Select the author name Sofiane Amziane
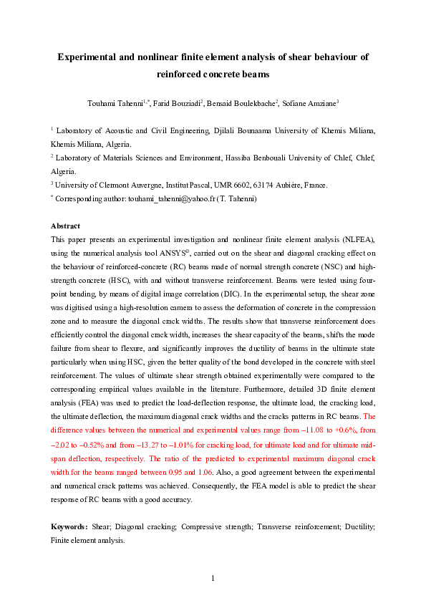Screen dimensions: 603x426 click(x=311, y=102)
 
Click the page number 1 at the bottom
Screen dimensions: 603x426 click(x=213, y=577)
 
